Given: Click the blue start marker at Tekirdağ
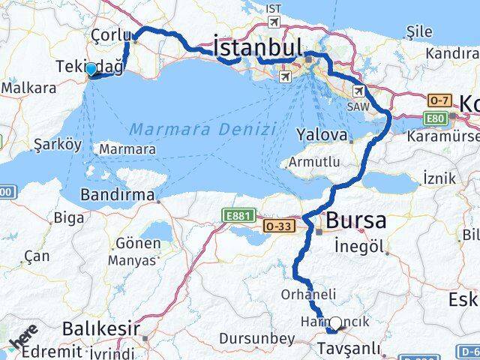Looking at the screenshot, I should click(91, 70).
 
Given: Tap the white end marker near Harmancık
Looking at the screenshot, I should click(335, 323).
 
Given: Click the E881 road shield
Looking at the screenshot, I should click(236, 215).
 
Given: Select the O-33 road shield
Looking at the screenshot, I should click(275, 225).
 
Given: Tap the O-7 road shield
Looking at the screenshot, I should click(438, 100).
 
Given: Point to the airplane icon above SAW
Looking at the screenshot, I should click(359, 91).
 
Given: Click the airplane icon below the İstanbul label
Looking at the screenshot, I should click(284, 76).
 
